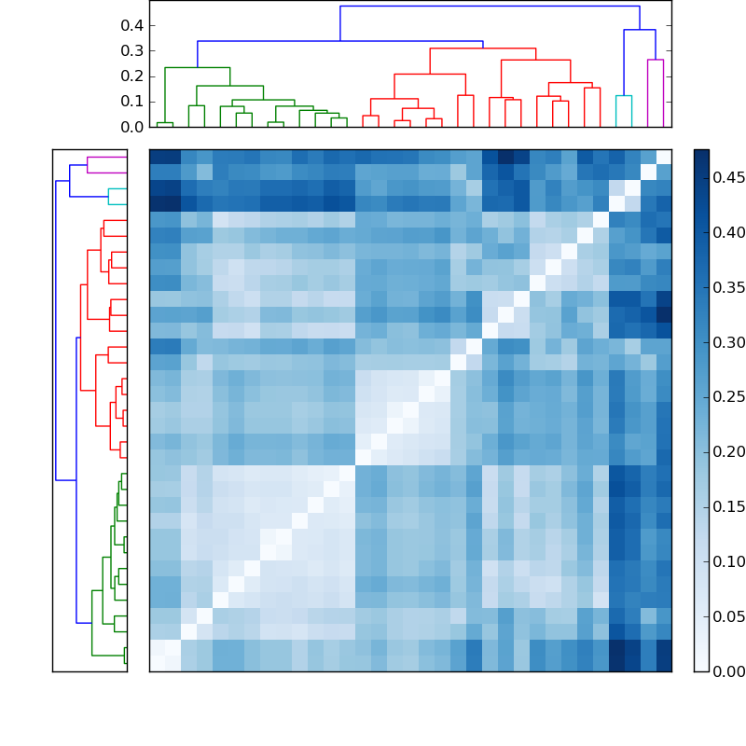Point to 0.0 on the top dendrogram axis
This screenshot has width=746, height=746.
(x=131, y=127)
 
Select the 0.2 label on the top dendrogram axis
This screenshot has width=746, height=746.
(x=131, y=76)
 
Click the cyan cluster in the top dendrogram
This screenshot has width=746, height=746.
(x=623, y=96)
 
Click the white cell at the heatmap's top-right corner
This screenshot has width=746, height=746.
(x=663, y=157)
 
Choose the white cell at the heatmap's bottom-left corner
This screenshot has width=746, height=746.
(x=158, y=663)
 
